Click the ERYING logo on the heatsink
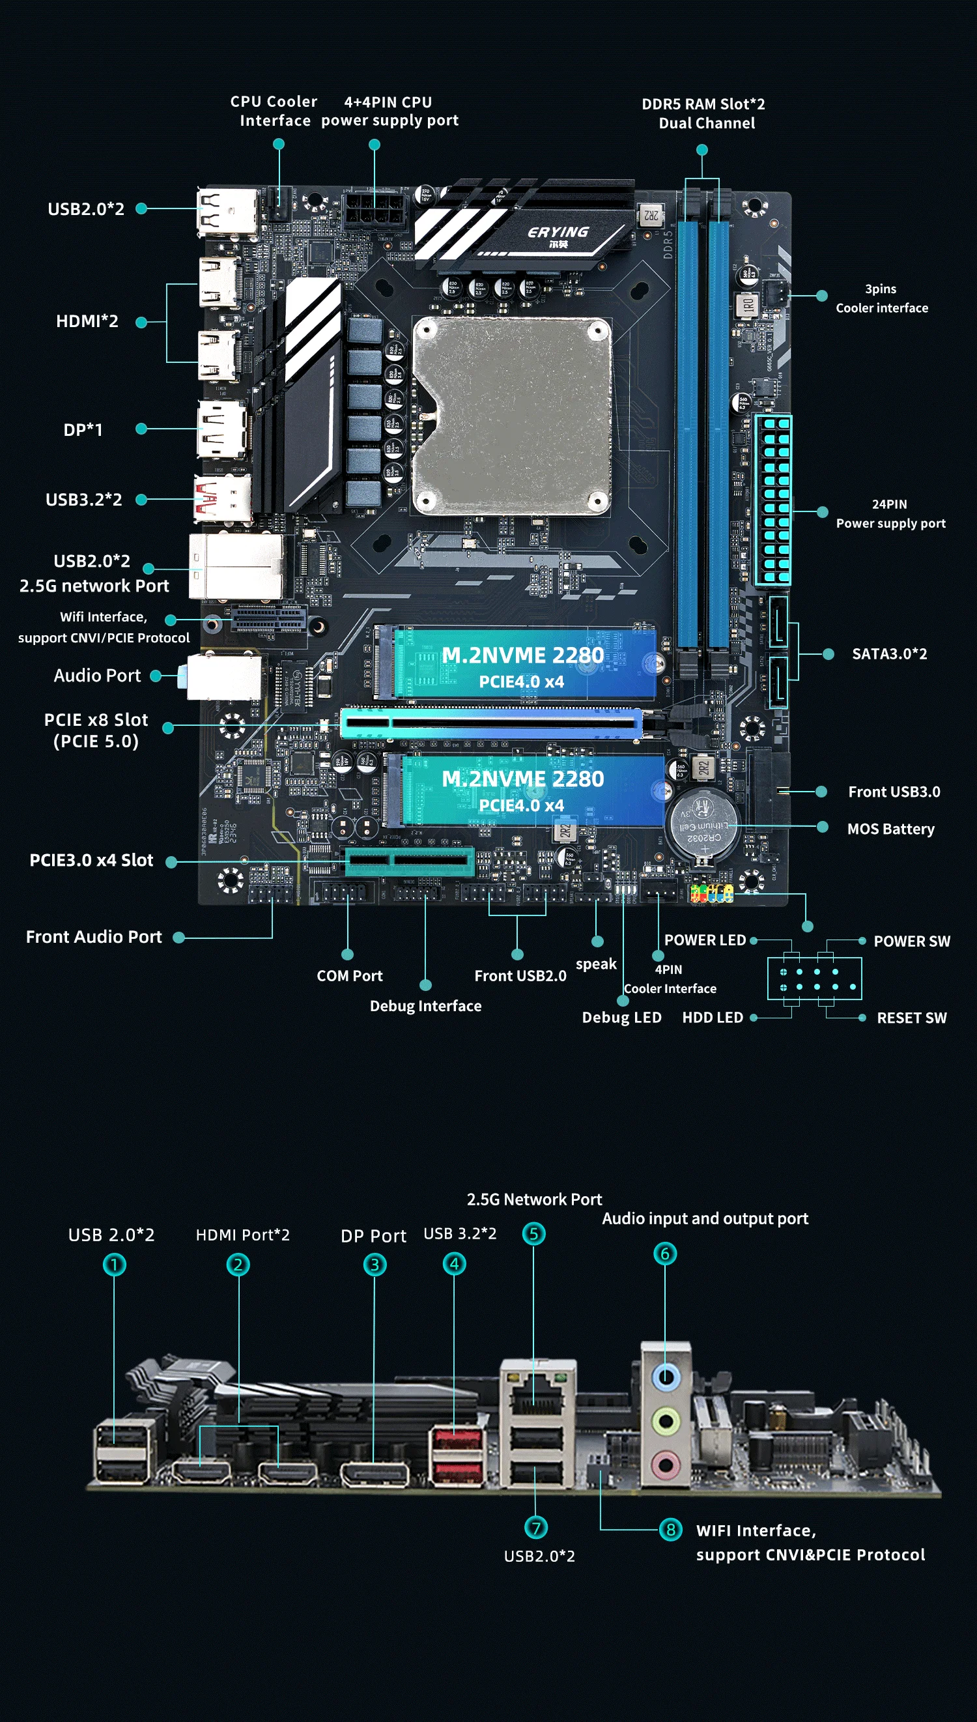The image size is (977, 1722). point(558,236)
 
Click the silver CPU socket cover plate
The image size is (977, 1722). point(511,416)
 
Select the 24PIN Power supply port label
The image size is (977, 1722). point(890,513)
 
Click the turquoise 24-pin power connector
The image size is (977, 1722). point(774,500)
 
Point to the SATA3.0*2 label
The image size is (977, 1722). point(889,653)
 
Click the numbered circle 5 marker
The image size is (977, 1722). point(533,1233)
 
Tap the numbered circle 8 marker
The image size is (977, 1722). point(670,1529)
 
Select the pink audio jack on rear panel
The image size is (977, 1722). point(666,1463)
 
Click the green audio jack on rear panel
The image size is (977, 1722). point(666,1421)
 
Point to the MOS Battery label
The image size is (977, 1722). point(890,829)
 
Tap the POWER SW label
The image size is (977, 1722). point(912,941)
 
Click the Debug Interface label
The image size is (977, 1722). point(425,1006)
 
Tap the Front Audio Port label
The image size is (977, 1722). point(94,937)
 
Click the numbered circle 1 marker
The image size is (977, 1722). point(114,1265)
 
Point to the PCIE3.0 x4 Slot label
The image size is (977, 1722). point(91,860)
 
